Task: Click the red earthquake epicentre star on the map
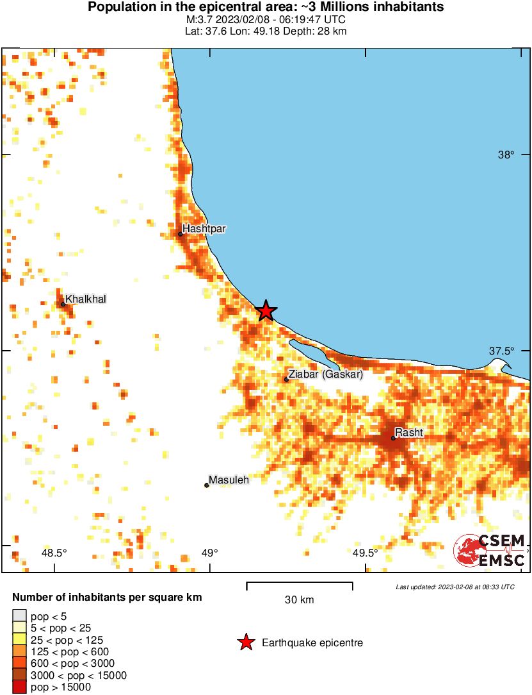pos(266,311)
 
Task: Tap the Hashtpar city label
pos(204,228)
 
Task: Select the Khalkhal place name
pos(86,299)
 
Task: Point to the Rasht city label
pos(408,432)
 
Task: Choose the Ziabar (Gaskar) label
pos(325,374)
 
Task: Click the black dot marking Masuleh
pos(207,485)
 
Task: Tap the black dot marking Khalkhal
pos(63,305)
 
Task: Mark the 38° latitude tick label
pos(506,155)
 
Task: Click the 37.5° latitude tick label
pos(501,351)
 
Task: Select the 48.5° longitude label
pos(54,553)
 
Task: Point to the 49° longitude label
pos(209,553)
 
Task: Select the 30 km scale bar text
pos(299,600)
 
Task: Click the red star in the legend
pos(245,642)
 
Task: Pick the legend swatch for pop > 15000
pos(19,687)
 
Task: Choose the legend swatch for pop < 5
pos(19,616)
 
